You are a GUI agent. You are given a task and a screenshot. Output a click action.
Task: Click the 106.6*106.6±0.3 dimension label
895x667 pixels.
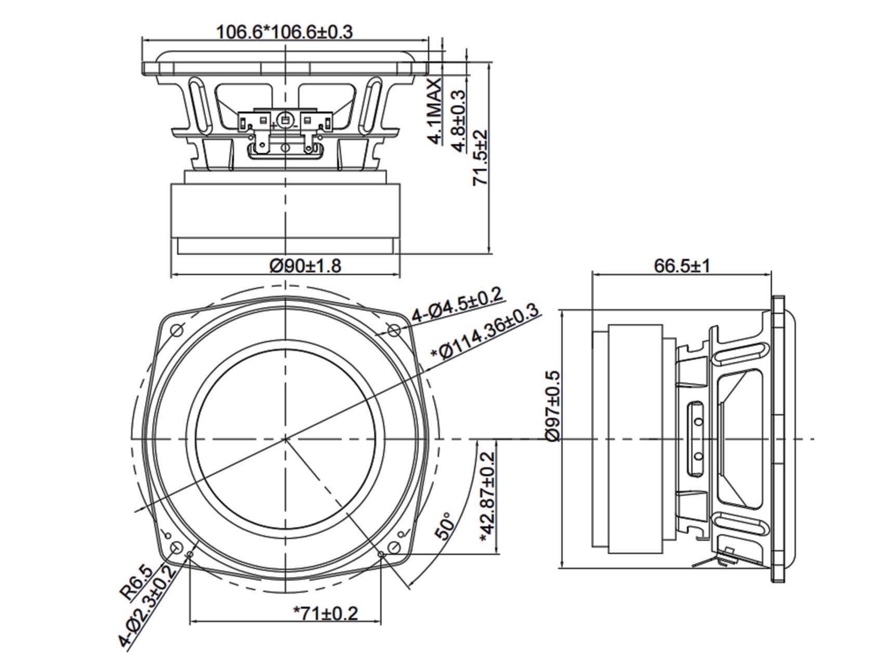click(284, 32)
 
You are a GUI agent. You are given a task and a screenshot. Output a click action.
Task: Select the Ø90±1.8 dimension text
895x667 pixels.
click(305, 266)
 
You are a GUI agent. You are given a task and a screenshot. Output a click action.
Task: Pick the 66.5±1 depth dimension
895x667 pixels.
click(681, 266)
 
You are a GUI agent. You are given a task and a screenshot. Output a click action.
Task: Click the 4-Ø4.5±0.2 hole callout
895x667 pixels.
click(458, 304)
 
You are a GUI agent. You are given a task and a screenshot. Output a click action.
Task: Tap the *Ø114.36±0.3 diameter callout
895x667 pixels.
click(485, 332)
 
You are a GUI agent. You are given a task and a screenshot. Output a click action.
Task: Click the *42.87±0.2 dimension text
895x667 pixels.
click(488, 497)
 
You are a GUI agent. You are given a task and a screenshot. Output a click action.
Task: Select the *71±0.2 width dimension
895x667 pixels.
click(326, 613)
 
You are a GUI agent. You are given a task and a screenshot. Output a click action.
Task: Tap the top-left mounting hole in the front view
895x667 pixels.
click(177, 329)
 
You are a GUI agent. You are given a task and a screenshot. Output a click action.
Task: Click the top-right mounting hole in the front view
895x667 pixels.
click(394, 329)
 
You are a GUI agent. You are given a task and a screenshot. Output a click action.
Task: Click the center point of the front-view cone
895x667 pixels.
click(286, 439)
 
